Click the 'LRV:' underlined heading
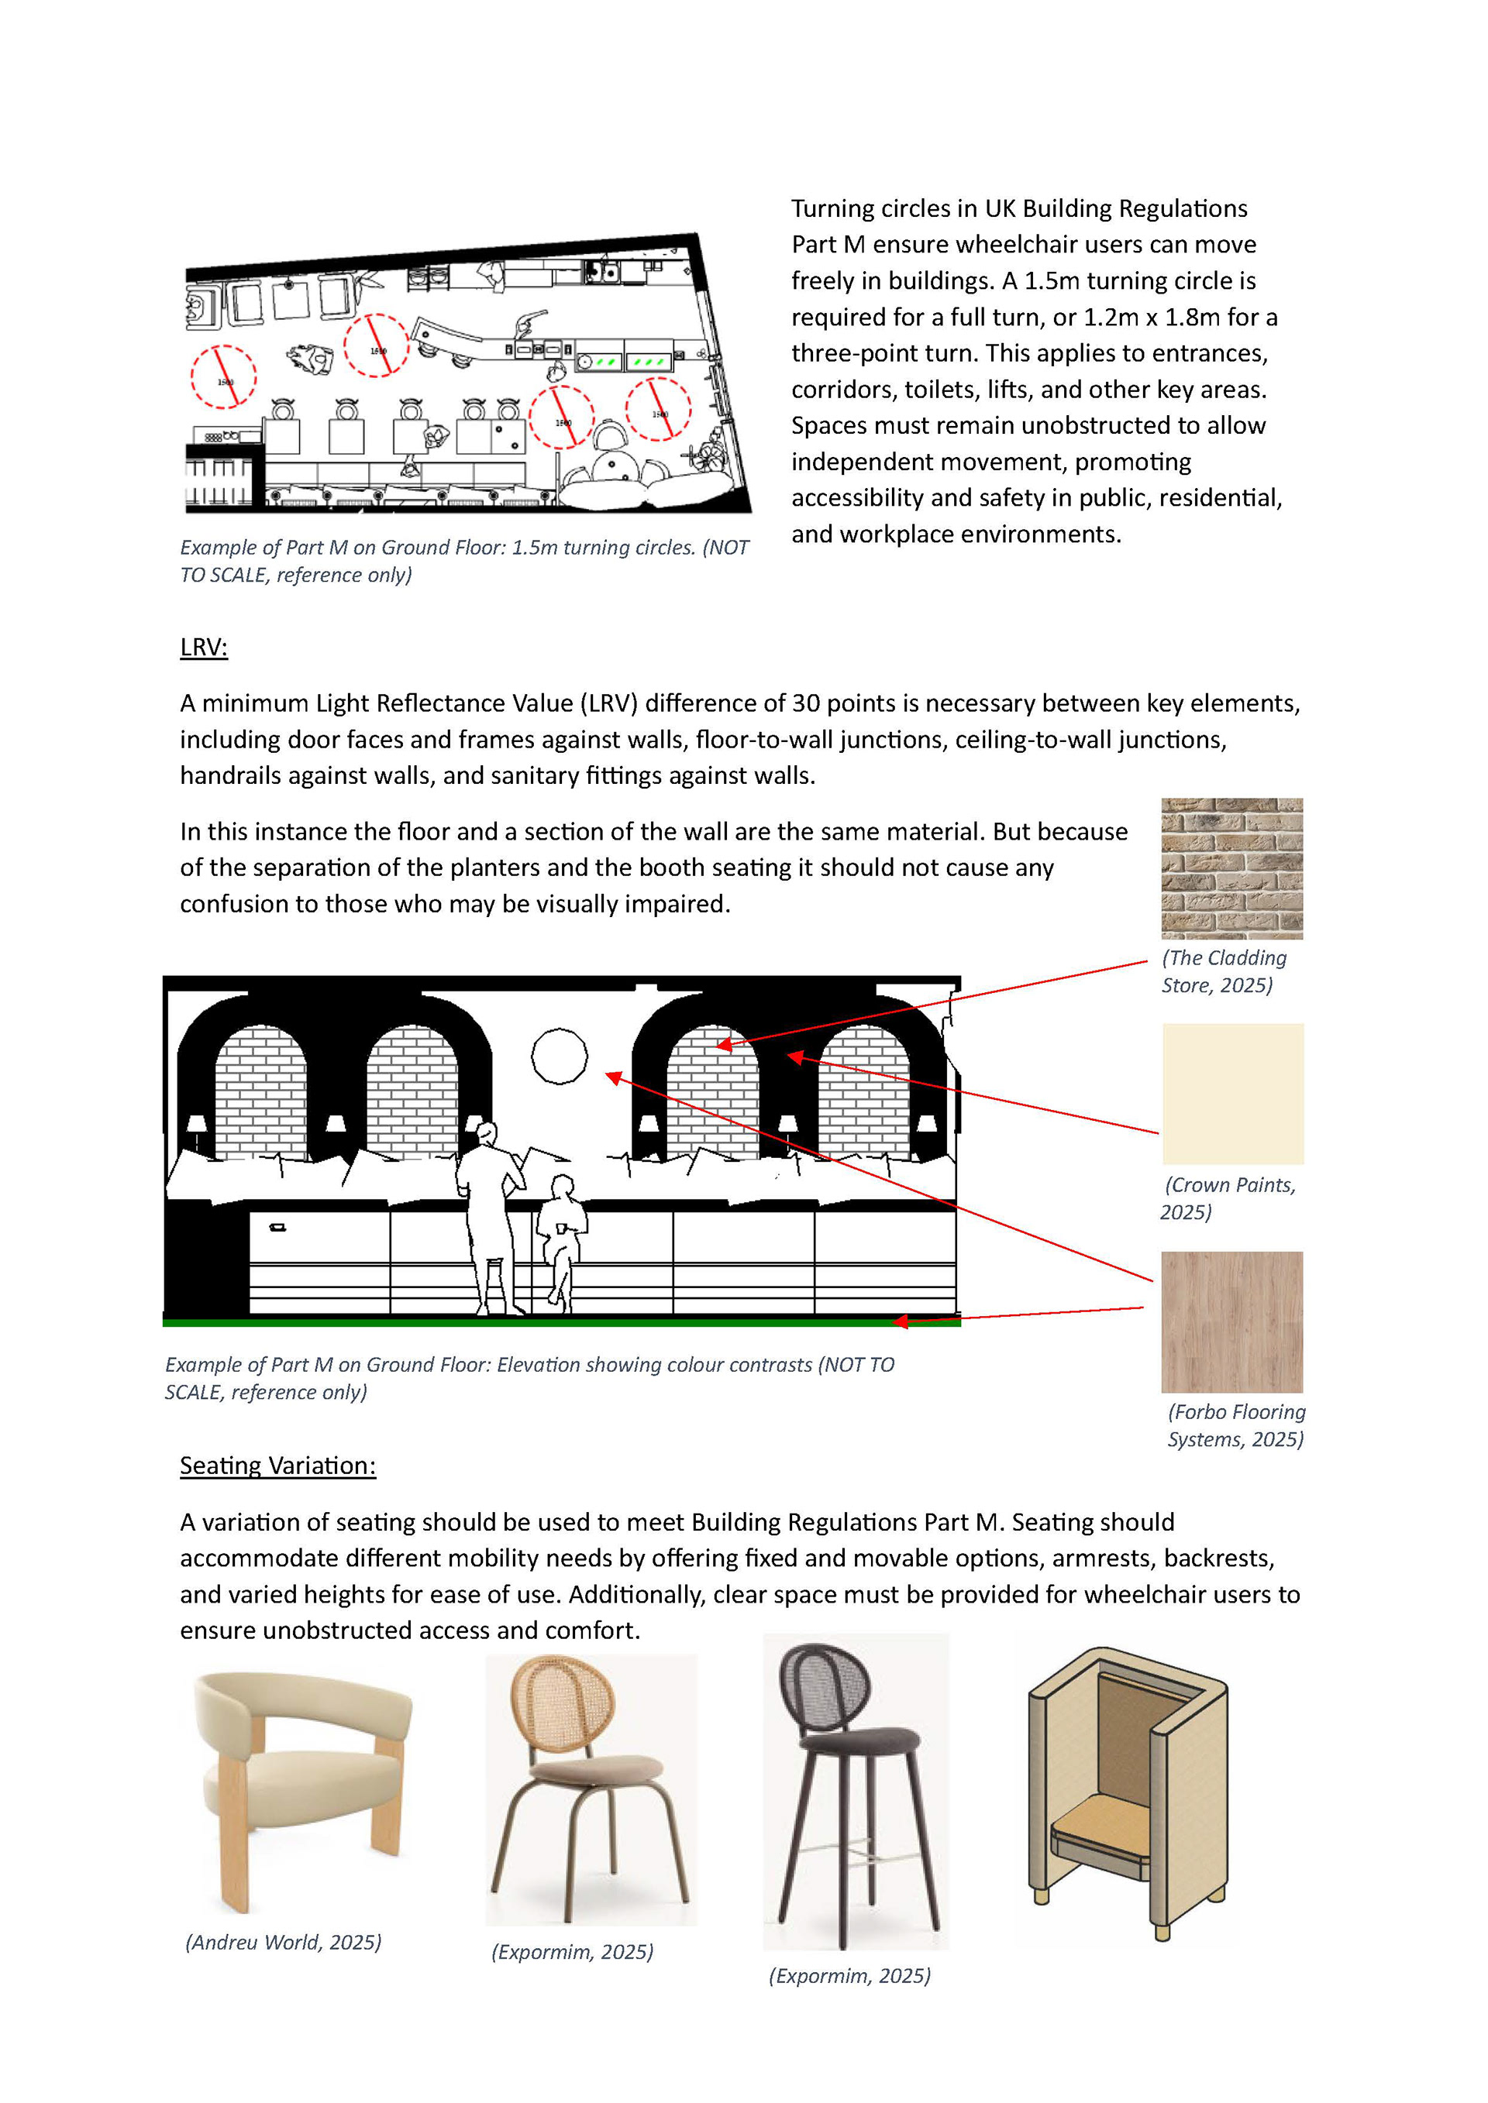coord(203,648)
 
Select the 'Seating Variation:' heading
coord(277,1466)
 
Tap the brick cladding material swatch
coord(1231,868)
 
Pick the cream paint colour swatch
coord(1232,1094)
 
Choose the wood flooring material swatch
coord(1231,1321)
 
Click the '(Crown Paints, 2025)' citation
coord(1228,1198)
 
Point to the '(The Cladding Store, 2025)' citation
coord(1224,971)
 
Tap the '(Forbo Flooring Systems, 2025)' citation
coord(1236,1425)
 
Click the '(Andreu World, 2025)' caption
coord(283,1942)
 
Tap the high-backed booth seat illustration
coord(1127,1791)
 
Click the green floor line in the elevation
coord(562,1321)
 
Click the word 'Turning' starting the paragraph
coord(832,209)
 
